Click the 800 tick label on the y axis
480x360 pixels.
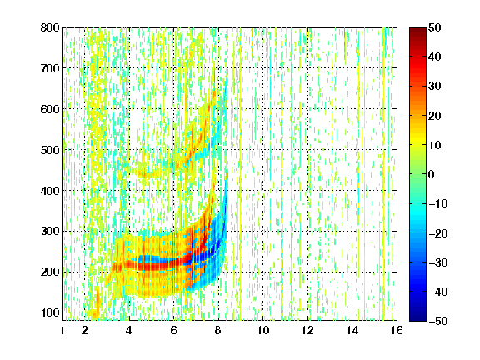50,27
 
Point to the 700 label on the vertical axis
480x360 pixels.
50,68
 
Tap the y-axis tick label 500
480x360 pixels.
50,150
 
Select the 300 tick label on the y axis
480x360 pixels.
50,232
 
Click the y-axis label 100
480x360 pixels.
50,312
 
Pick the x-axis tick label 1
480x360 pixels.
62,330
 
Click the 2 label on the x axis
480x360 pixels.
85,330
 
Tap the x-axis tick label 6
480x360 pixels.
174,330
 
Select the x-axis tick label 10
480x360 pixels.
263,330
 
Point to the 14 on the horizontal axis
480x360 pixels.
352,330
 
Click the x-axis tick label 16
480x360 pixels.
397,330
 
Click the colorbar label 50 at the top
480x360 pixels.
435,27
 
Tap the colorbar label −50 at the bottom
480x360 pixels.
438,321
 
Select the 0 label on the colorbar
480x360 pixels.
432,174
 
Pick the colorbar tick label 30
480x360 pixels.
435,87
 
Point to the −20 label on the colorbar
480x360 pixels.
438,233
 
